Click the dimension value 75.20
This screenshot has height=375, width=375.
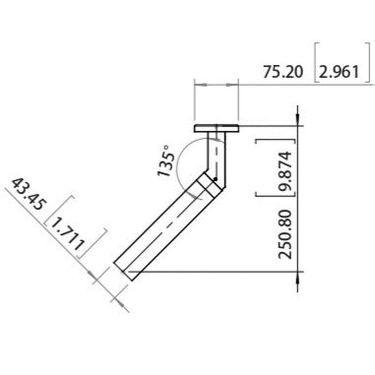(x=283, y=72)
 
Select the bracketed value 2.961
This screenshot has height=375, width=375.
(x=339, y=72)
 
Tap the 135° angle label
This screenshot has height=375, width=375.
(x=166, y=161)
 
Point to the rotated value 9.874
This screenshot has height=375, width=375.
(x=284, y=171)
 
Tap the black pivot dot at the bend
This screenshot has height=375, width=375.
(x=215, y=179)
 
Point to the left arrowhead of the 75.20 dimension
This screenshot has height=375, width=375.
(x=201, y=85)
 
